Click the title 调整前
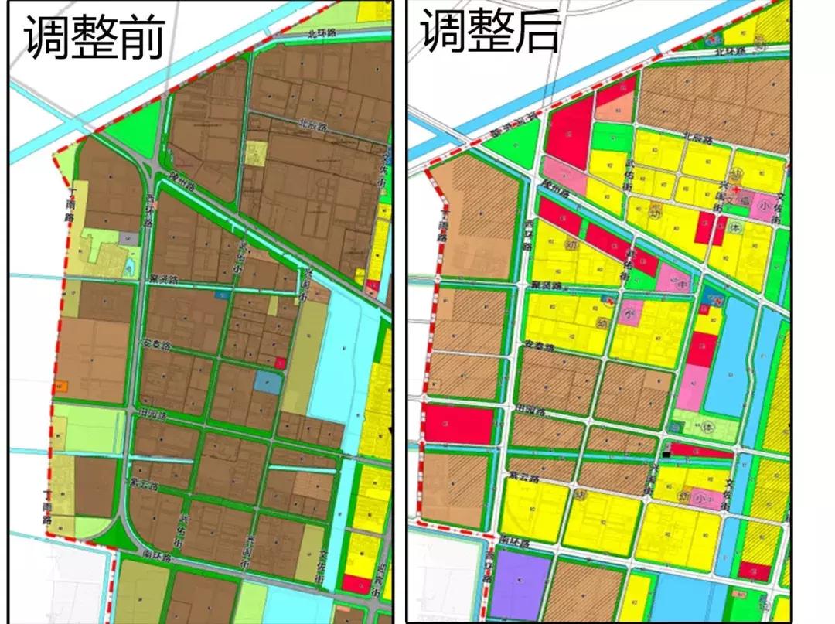click(94, 36)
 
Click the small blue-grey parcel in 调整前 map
click(268, 382)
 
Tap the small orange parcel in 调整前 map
click(61, 385)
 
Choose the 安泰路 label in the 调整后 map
click(539, 346)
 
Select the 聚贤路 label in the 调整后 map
click(546, 285)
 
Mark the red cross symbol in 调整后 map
click(738, 189)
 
